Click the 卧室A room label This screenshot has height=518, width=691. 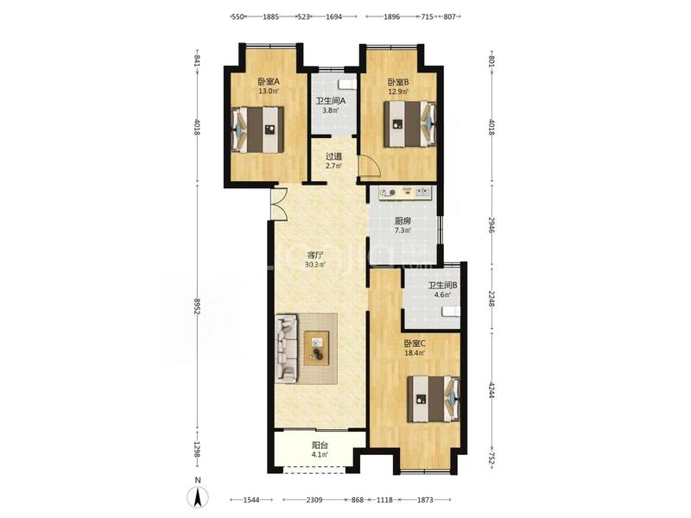[x=269, y=82]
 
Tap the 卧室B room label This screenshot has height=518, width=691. [x=398, y=82]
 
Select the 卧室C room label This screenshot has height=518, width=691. [x=415, y=343]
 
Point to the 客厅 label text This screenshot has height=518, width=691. [x=315, y=255]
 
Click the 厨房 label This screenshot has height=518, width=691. [x=403, y=221]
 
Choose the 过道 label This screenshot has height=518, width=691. [x=333, y=156]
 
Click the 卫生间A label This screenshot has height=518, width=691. [x=330, y=101]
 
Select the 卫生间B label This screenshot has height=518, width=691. [x=442, y=286]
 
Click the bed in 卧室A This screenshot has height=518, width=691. [x=257, y=129]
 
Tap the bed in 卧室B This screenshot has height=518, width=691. [x=409, y=124]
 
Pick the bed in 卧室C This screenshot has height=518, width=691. [x=434, y=399]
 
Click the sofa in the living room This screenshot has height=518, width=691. [x=287, y=348]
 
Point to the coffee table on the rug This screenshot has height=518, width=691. [x=316, y=348]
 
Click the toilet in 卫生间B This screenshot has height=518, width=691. [x=451, y=312]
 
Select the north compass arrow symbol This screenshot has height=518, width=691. [x=198, y=498]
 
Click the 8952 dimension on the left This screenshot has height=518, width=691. [x=197, y=305]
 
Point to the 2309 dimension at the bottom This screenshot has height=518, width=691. [x=314, y=500]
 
